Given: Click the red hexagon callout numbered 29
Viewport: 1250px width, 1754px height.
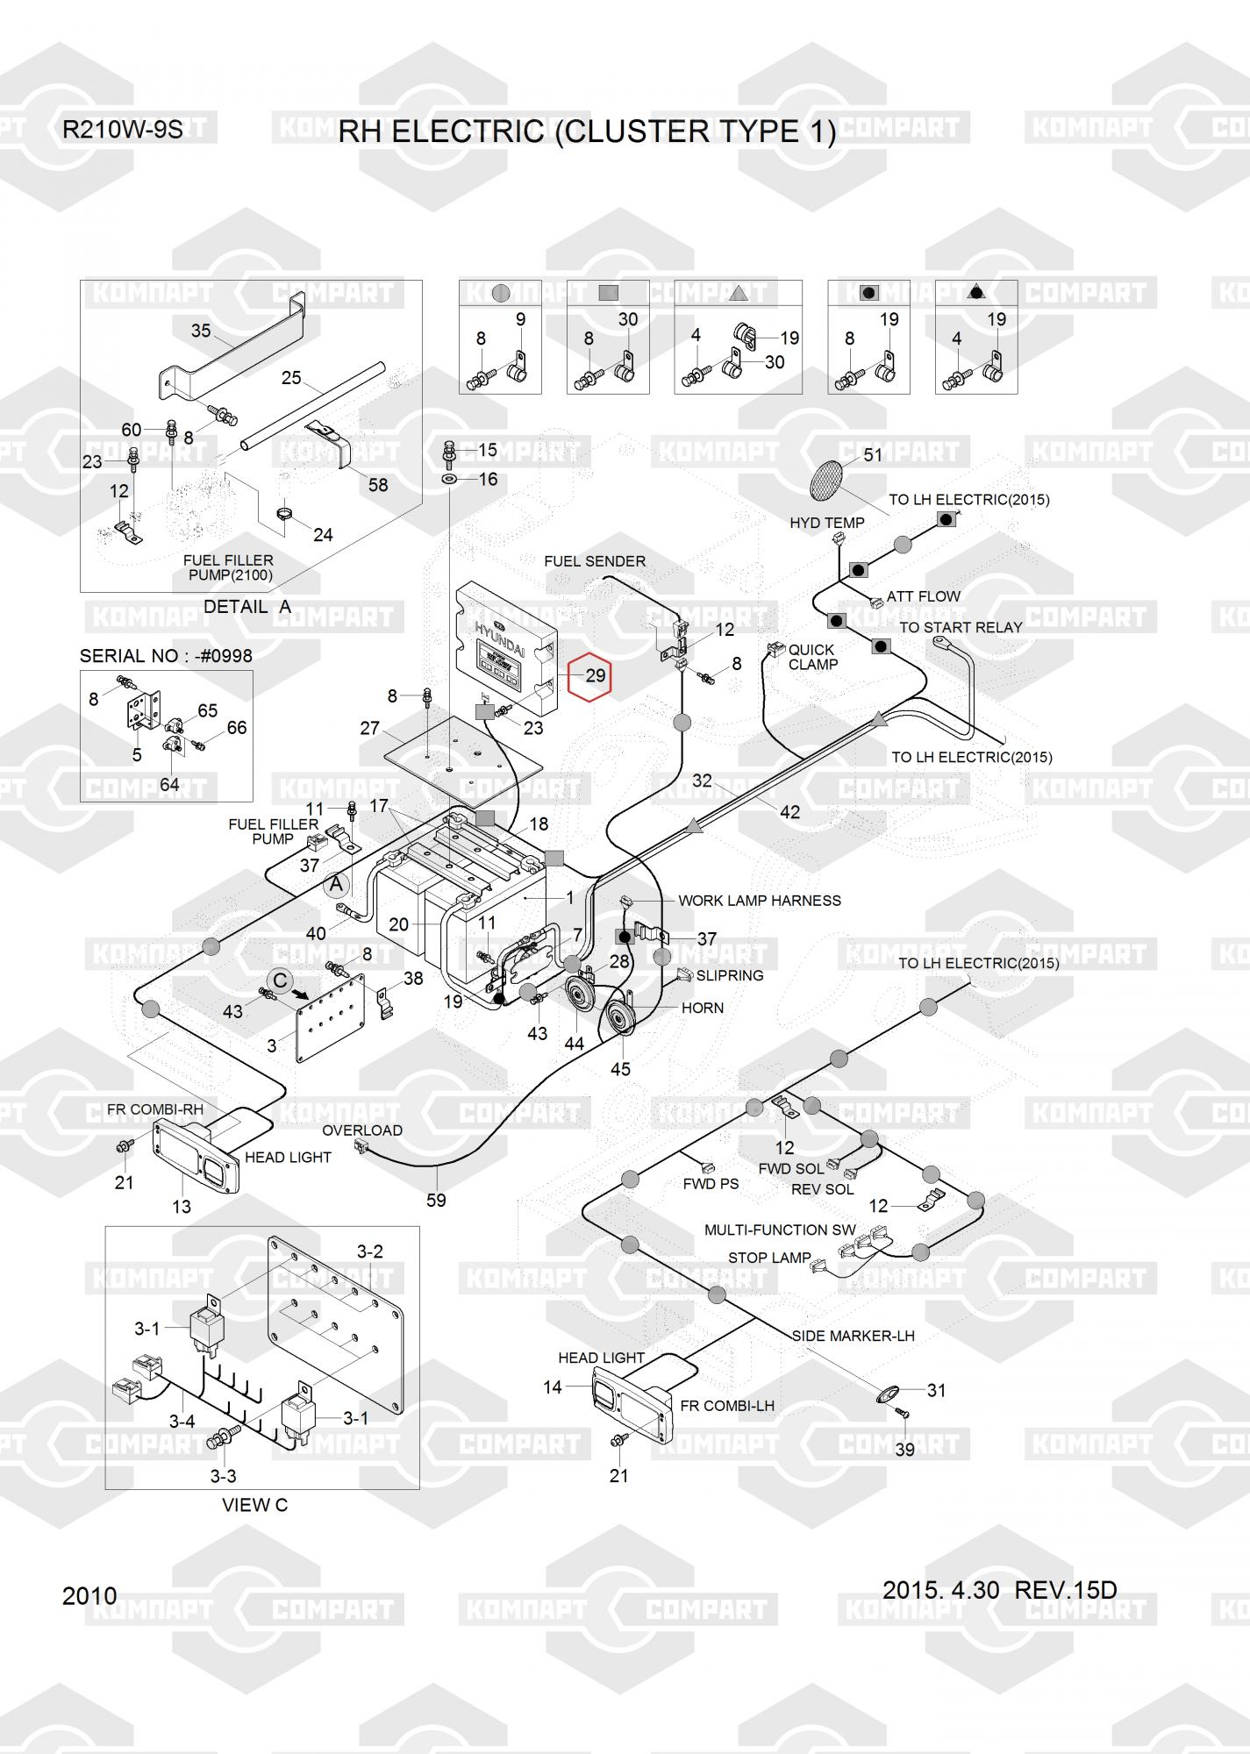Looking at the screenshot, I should (589, 676).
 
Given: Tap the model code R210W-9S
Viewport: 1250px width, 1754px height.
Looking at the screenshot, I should (122, 130).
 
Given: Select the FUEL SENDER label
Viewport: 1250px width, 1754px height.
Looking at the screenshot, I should (594, 561).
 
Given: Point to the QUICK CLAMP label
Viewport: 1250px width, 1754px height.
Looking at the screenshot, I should (812, 657).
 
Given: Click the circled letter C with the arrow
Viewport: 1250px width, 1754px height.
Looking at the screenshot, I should (280, 980).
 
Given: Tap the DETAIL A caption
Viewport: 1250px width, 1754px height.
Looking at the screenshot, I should (246, 607).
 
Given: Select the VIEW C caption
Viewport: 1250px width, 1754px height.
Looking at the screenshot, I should (254, 1505).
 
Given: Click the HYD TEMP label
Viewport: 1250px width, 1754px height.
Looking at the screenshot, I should (826, 523).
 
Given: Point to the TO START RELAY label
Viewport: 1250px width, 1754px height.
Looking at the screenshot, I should (961, 628).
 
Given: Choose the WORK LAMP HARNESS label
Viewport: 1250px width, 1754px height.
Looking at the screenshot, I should (759, 901).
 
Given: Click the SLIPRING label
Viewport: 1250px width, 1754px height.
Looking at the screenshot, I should (729, 975).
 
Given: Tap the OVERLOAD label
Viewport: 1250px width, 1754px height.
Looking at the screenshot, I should (362, 1130).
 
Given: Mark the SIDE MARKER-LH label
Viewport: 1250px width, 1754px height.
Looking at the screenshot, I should (853, 1336).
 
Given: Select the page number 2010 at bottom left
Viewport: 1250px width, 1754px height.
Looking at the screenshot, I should (89, 1596).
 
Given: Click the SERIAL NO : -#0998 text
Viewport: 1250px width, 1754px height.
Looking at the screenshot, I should (166, 656).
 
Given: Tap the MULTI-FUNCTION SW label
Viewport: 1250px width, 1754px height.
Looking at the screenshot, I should (780, 1230).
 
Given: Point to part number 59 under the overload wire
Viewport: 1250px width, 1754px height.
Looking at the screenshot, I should (436, 1201).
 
